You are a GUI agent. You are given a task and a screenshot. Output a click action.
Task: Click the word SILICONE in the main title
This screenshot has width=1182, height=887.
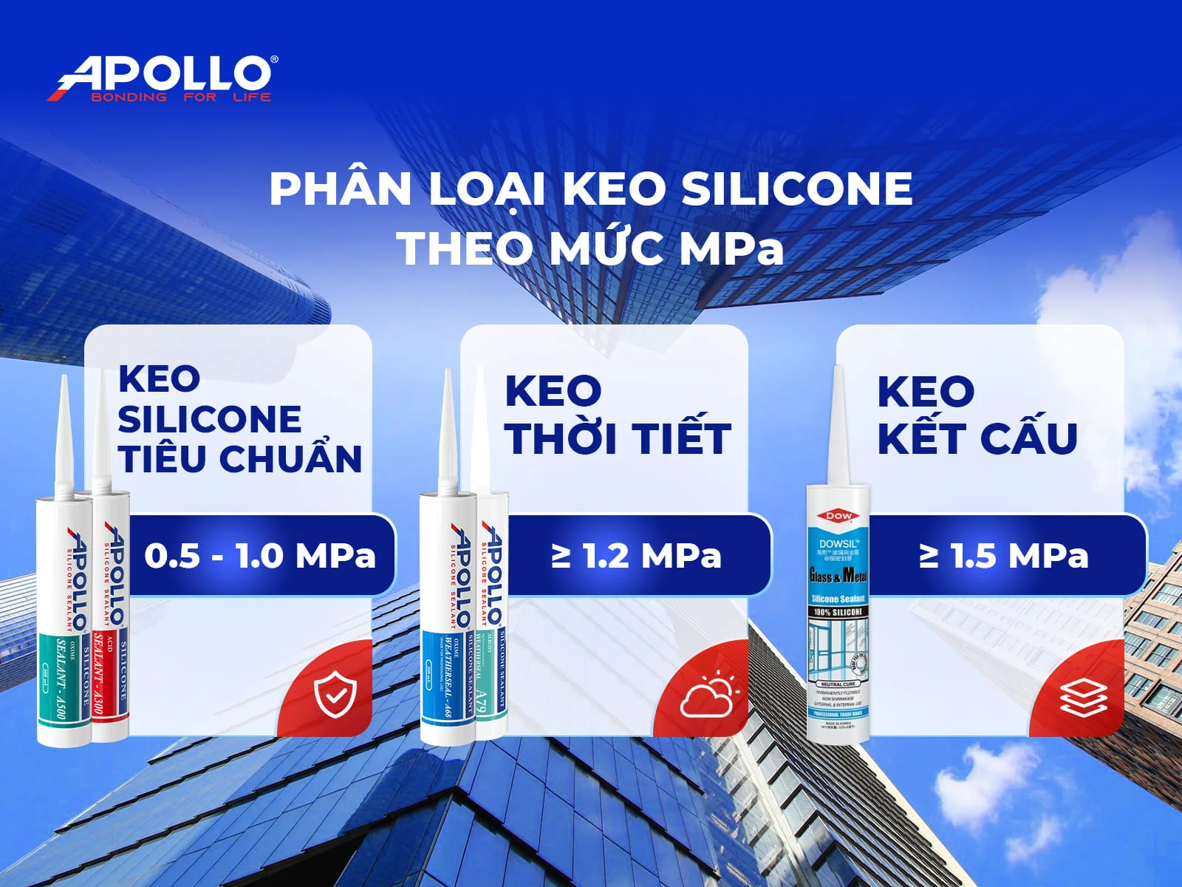click(796, 189)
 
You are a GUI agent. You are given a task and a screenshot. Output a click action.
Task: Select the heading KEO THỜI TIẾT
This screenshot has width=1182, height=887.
click(618, 415)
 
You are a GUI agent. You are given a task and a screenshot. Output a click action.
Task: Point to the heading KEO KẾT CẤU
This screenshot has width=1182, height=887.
click(977, 415)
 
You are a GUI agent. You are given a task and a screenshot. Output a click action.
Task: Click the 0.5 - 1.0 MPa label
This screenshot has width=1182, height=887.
click(259, 556)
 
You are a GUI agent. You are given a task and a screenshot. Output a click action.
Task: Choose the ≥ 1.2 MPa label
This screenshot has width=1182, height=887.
click(636, 556)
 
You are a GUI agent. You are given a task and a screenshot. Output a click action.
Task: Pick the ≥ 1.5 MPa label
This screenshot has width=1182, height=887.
click(1004, 556)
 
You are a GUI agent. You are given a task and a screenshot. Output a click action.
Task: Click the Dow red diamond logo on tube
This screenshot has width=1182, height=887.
click(838, 516)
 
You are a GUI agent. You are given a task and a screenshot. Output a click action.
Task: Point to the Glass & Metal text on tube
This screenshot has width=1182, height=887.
click(838, 574)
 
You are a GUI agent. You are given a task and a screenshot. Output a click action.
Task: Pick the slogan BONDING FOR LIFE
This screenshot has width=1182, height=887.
click(181, 97)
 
